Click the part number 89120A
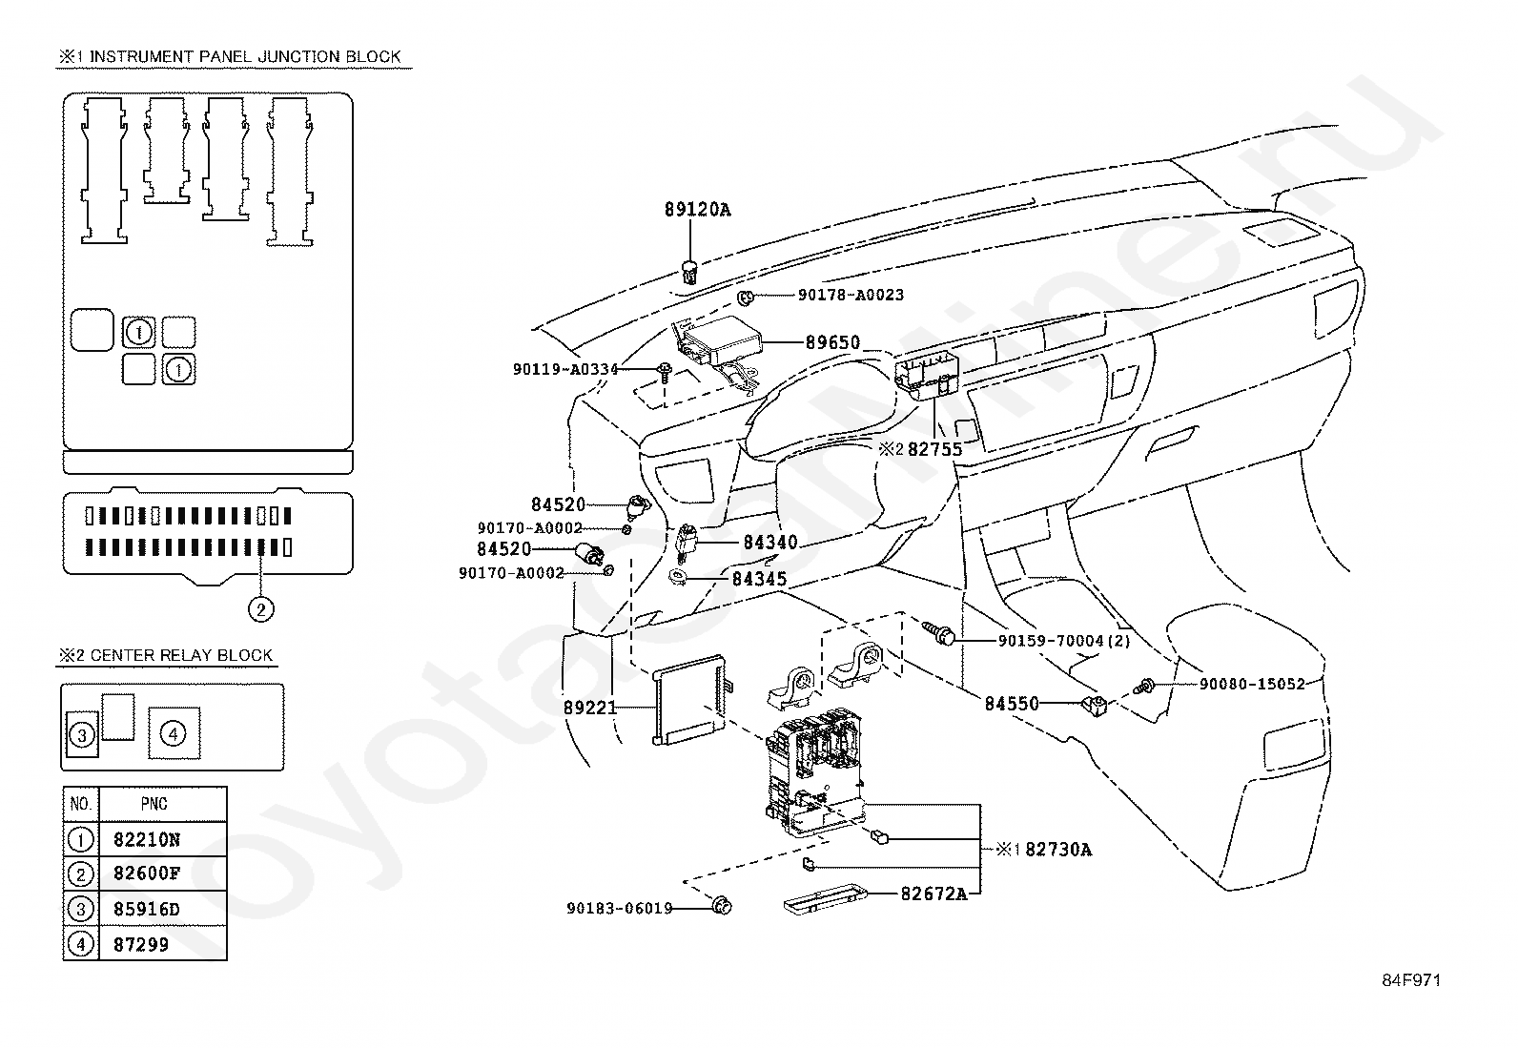697,210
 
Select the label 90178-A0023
851,295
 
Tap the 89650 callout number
832,342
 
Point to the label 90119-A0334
565,369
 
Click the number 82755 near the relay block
934,449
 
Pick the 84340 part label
770,543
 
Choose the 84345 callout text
760,579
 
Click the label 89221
590,708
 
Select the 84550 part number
1012,704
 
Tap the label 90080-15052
1252,684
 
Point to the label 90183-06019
620,909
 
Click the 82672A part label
933,894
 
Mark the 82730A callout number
1058,850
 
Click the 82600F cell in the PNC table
147,873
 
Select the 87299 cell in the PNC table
141,944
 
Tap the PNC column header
154,804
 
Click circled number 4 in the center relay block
173,733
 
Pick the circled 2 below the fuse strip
261,609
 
